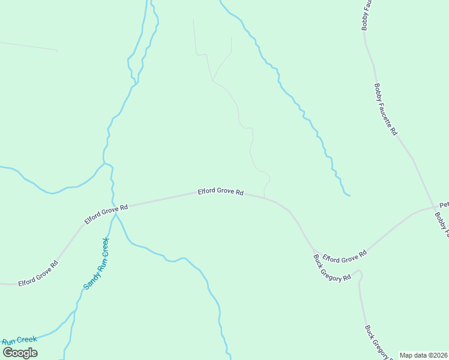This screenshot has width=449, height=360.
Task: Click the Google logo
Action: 20,352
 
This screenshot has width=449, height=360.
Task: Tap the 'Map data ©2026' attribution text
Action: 424,355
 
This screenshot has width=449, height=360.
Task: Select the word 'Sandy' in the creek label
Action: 89,280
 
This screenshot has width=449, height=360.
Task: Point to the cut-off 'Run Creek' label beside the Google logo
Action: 19,340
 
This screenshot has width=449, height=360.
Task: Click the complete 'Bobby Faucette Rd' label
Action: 385,109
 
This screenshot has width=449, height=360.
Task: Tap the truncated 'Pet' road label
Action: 444,205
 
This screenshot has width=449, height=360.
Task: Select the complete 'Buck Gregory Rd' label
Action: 332,268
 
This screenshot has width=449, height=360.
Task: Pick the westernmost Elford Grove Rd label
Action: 38,273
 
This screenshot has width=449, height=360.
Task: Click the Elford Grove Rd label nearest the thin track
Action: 221,192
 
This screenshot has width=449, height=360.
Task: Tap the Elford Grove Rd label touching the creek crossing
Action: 106,214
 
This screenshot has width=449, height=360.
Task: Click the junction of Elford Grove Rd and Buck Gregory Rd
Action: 315,250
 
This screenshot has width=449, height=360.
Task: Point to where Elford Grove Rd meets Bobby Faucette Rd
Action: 435,208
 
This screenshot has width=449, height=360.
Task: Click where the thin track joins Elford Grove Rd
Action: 265,196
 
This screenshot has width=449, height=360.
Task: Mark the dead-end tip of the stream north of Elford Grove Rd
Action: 349,195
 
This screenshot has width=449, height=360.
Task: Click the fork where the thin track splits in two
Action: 213,81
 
